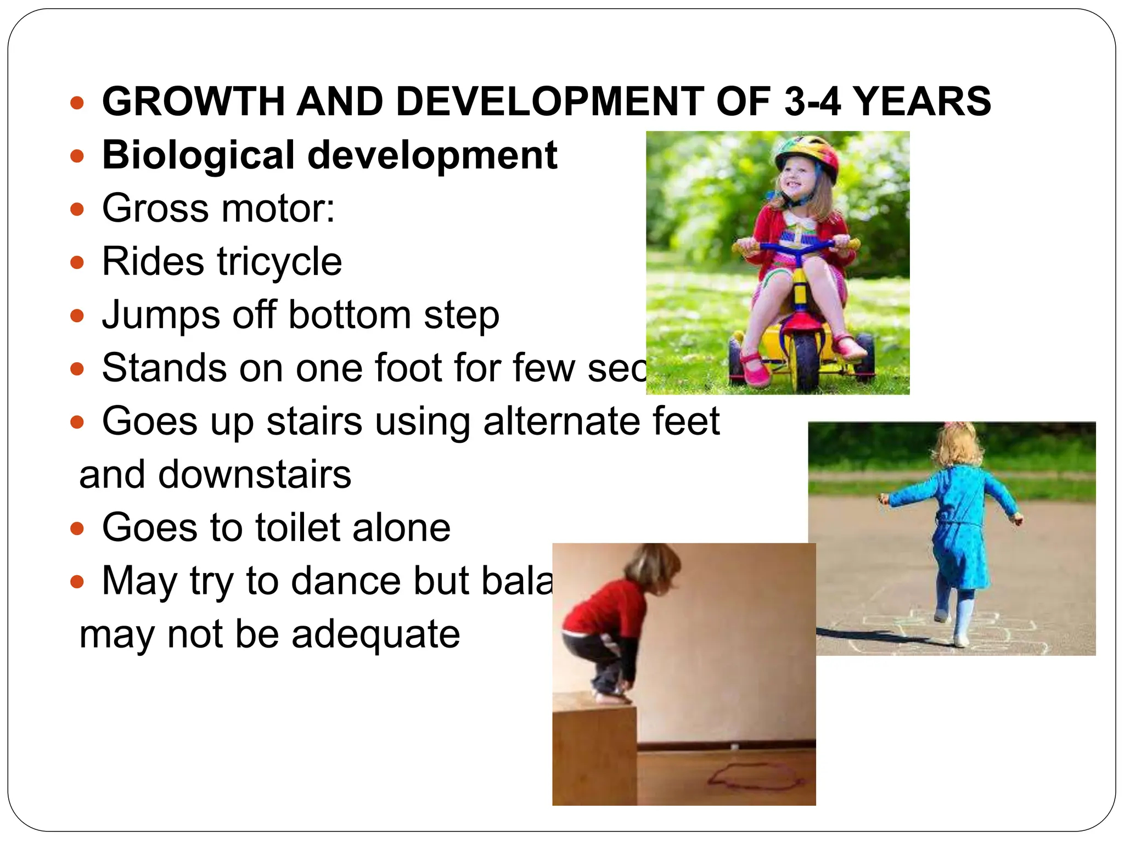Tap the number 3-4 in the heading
[812, 102]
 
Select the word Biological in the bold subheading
[198, 155]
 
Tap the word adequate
[375, 634]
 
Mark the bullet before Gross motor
[77, 209]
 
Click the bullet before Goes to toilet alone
[77, 529]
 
